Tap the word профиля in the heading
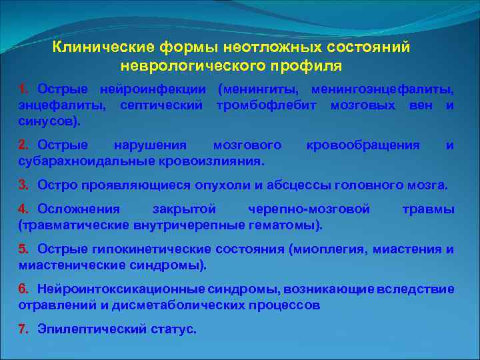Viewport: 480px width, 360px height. point(309,66)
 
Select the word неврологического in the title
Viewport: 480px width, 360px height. point(196,66)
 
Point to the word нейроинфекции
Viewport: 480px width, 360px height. point(153,89)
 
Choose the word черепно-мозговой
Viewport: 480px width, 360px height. point(309,209)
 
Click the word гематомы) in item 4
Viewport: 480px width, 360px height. point(286,225)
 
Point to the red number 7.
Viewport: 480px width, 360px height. point(23,329)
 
